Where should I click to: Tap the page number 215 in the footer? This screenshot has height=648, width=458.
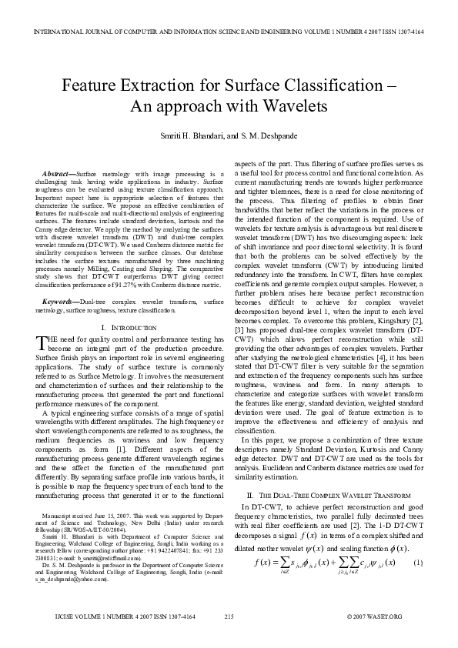click(229, 638)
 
